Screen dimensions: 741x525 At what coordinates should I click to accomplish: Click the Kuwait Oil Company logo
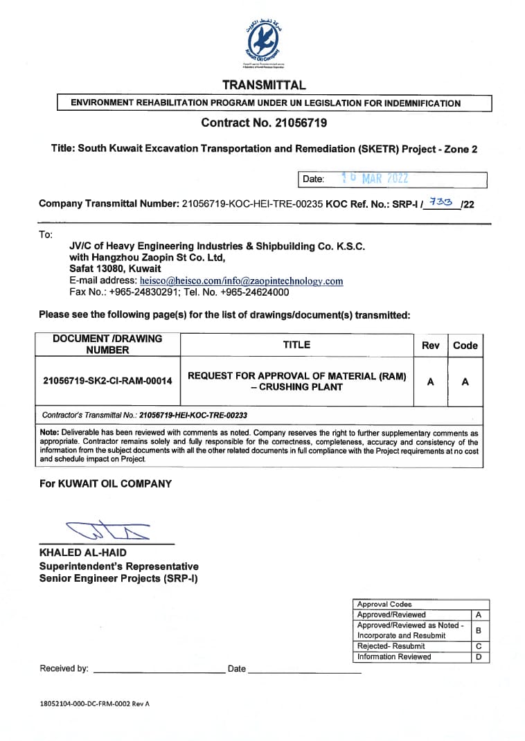[262, 43]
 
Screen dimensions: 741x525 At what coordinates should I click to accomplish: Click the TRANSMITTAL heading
[263, 85]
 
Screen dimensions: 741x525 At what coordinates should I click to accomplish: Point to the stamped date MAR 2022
[384, 179]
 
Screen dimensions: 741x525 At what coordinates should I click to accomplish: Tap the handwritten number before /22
[441, 202]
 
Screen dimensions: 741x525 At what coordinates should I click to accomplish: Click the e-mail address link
[241, 281]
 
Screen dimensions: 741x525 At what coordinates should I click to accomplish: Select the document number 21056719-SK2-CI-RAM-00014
[107, 381]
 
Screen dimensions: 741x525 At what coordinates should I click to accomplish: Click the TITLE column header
[296, 344]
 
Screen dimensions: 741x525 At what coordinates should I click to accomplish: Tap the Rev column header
[430, 345]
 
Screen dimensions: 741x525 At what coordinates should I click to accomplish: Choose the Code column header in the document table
[465, 345]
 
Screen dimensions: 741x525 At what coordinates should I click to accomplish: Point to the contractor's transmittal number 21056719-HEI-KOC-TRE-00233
[193, 416]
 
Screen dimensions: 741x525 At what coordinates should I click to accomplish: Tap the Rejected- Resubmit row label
[391, 645]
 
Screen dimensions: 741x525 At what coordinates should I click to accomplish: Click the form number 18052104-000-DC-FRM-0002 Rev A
[95, 704]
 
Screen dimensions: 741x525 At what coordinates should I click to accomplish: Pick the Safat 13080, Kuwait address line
[115, 269]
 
